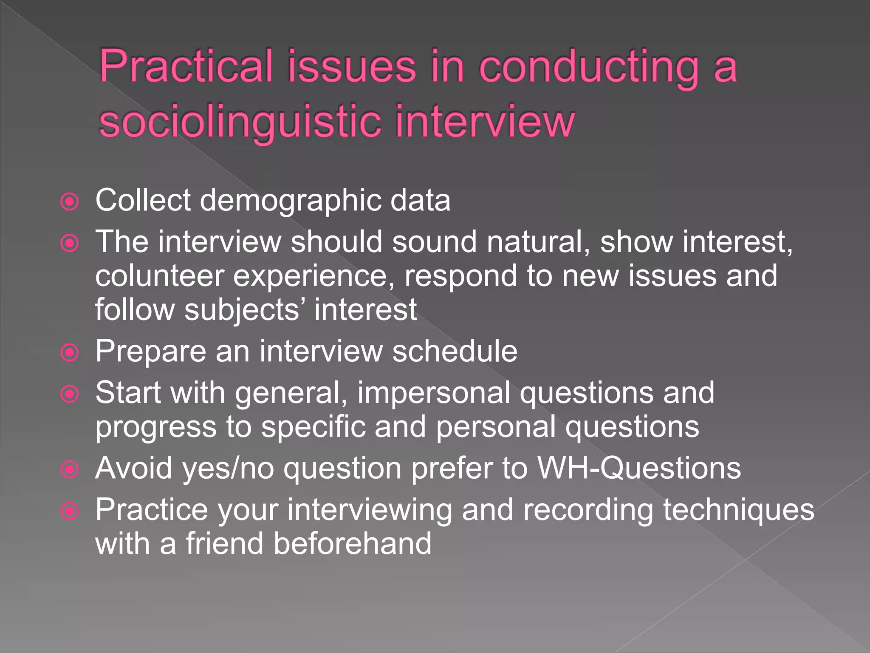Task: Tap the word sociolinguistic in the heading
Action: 239,122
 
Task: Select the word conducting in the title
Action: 589,67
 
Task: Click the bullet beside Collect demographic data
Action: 70,202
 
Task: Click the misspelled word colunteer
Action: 159,276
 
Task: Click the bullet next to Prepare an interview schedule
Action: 70,352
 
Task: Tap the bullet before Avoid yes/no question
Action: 70,470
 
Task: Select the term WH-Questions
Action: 639,468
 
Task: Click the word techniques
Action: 739,510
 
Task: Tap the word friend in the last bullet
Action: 225,543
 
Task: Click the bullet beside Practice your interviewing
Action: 70,511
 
